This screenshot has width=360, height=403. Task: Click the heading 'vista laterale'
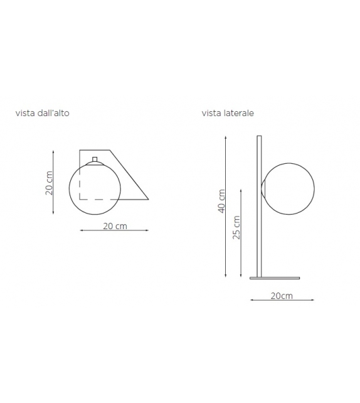(227, 114)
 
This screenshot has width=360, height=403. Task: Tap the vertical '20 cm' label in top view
(48, 183)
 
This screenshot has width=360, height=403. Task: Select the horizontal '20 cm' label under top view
(115, 226)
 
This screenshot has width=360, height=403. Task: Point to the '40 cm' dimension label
(221, 200)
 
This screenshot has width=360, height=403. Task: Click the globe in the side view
(288, 189)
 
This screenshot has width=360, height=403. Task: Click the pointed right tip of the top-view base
(148, 200)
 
